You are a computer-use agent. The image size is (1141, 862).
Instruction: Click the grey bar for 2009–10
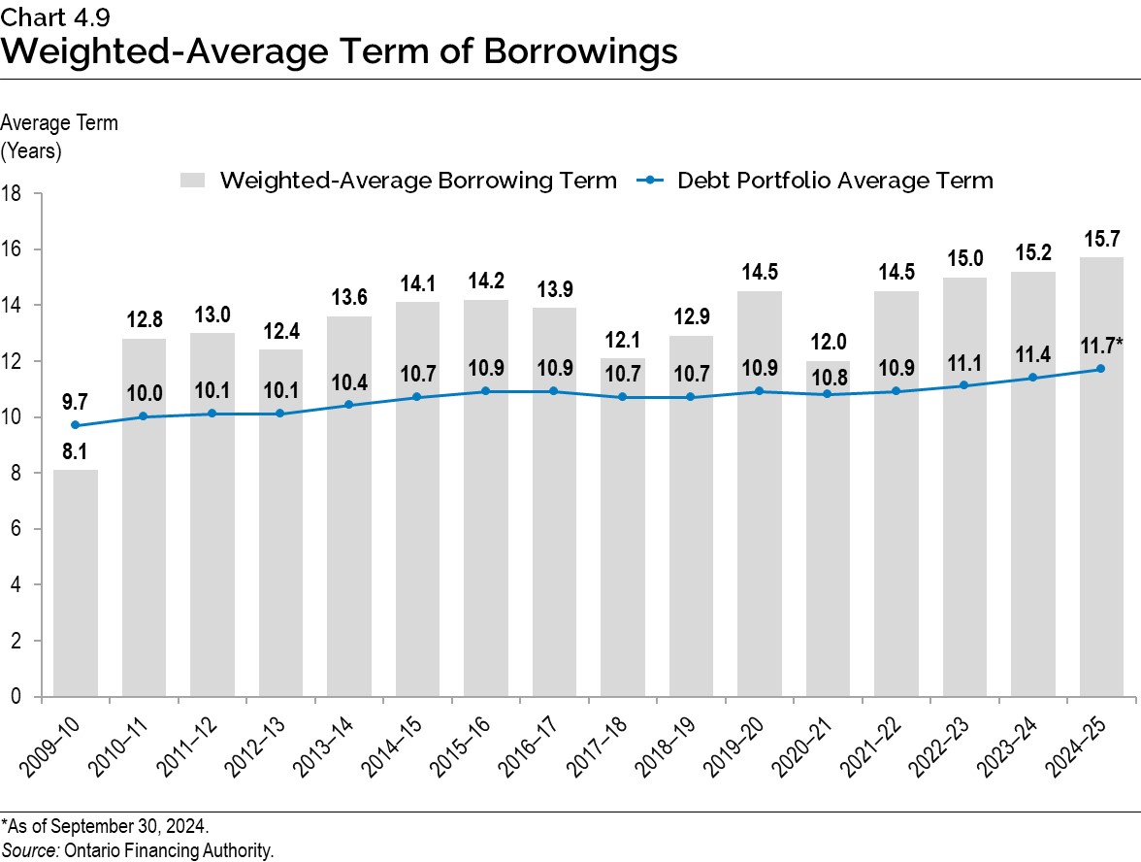coord(75,582)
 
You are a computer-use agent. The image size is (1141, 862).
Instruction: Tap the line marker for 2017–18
coord(622,397)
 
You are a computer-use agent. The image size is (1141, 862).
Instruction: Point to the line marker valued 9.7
coord(75,425)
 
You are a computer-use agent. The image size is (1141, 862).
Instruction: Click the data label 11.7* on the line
coord(1102,346)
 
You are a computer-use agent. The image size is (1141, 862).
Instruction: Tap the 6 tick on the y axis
coord(17,529)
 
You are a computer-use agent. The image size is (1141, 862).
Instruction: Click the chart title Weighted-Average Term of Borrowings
coord(340,50)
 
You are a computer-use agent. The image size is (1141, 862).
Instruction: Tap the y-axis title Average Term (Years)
coord(59,137)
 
